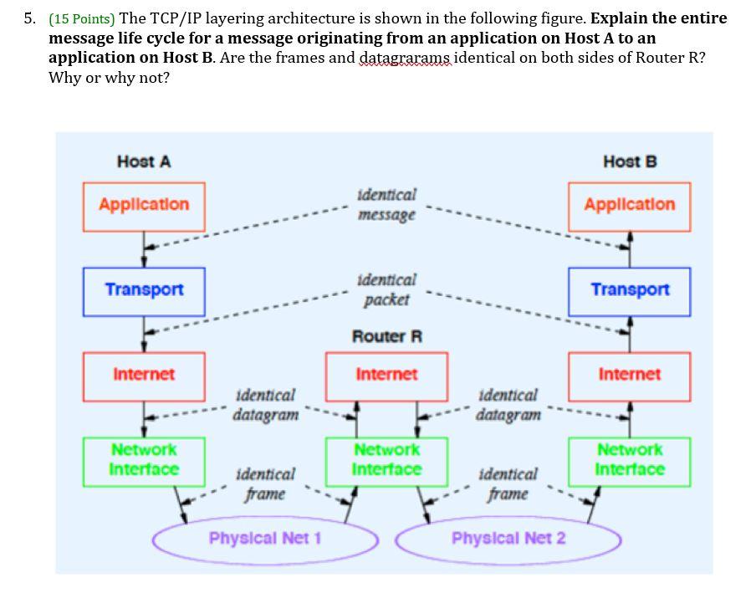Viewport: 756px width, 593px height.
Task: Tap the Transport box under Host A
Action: pos(144,291)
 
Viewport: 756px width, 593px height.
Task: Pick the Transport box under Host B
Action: pos(630,291)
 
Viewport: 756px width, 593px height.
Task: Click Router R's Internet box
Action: pos(386,376)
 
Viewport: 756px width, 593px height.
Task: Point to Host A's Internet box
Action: pos(144,376)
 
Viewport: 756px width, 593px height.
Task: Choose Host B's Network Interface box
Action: pos(630,461)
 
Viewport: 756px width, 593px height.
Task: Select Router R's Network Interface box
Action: pos(386,461)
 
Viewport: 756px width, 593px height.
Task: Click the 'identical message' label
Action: pos(386,205)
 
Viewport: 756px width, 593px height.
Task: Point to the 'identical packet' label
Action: pos(386,289)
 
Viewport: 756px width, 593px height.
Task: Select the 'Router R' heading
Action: pos(386,337)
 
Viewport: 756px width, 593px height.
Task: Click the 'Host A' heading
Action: pos(144,161)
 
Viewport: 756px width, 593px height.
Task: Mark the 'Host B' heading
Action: pos(630,161)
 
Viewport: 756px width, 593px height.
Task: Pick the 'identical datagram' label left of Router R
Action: pos(265,404)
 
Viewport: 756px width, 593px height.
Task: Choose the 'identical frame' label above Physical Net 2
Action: pos(508,484)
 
